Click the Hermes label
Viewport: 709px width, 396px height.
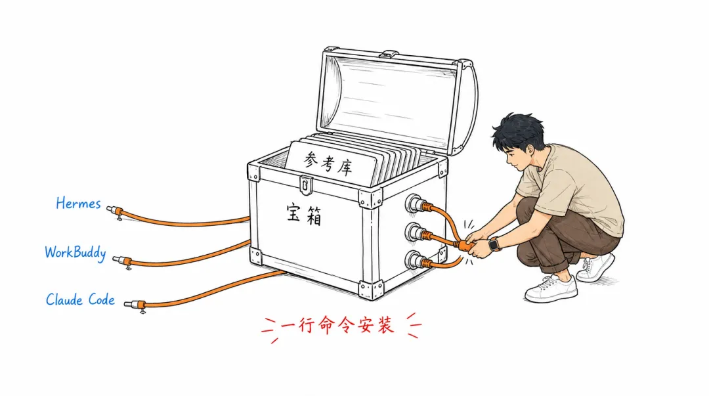coord(78,204)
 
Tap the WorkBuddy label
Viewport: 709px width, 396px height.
coord(75,253)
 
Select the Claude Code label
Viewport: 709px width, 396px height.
coord(81,299)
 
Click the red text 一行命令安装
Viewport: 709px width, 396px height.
coord(337,326)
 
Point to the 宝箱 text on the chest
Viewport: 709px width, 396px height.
coord(305,214)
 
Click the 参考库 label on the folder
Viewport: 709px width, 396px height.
coord(328,164)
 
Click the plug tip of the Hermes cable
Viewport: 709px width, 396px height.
coord(110,209)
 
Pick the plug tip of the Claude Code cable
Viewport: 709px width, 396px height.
coord(129,303)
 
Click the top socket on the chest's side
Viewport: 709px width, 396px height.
coord(414,203)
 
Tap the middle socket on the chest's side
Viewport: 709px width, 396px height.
coord(414,232)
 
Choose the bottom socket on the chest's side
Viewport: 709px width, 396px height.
coord(414,260)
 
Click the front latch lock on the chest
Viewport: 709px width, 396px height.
coord(306,185)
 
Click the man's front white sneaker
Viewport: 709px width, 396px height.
coord(551,289)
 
